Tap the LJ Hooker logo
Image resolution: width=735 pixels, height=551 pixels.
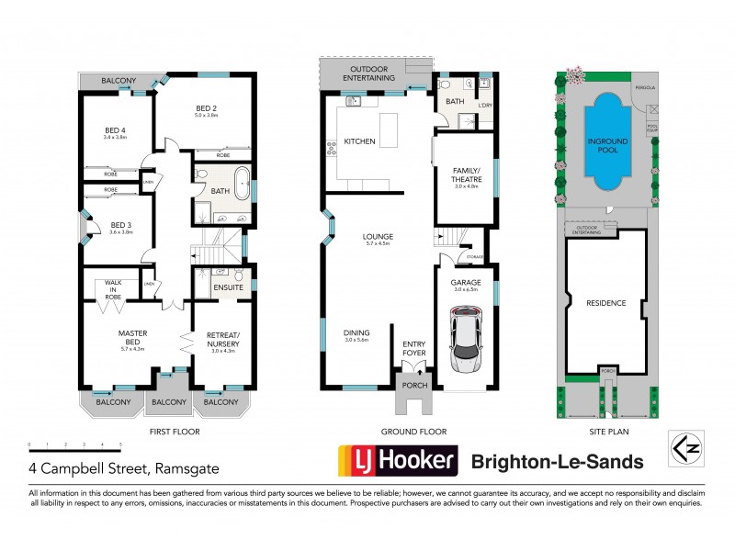click(398, 461)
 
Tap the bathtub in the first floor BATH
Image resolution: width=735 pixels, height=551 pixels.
click(240, 183)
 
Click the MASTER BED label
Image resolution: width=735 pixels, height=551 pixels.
click(134, 337)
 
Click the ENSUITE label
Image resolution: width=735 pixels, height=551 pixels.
click(227, 288)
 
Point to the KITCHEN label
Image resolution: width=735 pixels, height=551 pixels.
click(359, 141)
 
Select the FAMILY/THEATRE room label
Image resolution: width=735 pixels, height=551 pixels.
click(468, 175)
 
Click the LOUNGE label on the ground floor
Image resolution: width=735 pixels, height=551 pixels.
click(378, 237)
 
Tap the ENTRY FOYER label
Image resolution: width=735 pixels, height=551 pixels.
click(414, 348)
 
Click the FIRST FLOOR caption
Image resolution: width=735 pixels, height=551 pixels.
click(175, 432)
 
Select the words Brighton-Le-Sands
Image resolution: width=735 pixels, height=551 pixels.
click(556, 461)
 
